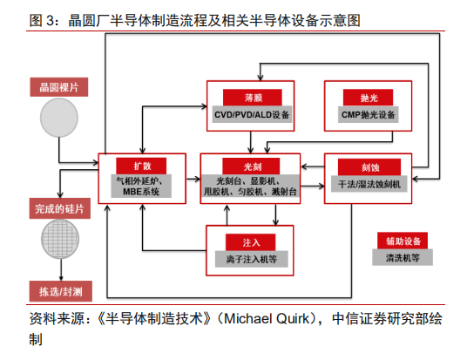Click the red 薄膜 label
point(253,98)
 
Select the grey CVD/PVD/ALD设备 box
point(252,114)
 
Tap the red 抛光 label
point(369,98)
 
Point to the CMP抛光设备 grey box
point(369,114)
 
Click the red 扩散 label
point(141,166)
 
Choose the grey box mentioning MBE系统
point(141,186)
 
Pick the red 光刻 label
point(251,166)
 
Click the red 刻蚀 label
point(369,167)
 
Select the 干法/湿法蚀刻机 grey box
point(369,184)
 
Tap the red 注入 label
point(250,242)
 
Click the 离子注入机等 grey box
point(252,259)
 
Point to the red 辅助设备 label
point(403,241)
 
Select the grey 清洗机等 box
point(403,257)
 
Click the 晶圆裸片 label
point(59,87)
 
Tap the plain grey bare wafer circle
point(59,118)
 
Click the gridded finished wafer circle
point(60,240)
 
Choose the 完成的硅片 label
point(60,208)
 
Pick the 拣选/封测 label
point(61,291)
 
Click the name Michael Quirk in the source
point(267,318)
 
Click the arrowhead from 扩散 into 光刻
point(198,179)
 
